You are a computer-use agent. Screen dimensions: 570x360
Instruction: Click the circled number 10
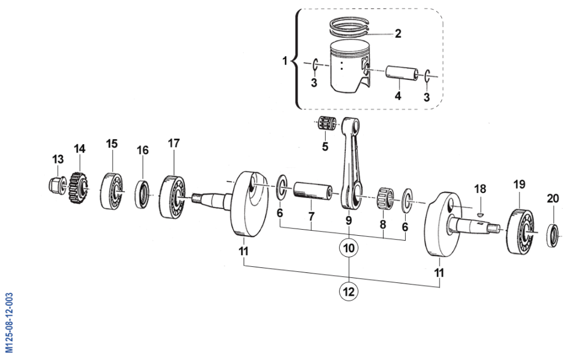pyautogui.click(x=349, y=248)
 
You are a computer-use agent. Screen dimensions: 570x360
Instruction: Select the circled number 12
pyautogui.click(x=349, y=291)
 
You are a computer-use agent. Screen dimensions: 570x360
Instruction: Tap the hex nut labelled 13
pyautogui.click(x=57, y=184)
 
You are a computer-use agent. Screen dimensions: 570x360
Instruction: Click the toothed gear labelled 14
pyautogui.click(x=78, y=188)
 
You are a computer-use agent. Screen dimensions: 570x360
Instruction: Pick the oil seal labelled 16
pyautogui.click(x=142, y=194)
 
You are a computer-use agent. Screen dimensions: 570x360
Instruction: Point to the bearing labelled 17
pyautogui.click(x=173, y=197)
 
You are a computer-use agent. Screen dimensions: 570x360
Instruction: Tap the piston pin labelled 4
pyautogui.click(x=402, y=73)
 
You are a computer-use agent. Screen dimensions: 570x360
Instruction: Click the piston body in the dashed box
pyautogui.click(x=350, y=66)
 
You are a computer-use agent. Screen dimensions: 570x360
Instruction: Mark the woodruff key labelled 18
pyautogui.click(x=481, y=214)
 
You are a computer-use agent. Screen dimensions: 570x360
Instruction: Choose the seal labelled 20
pyautogui.click(x=553, y=236)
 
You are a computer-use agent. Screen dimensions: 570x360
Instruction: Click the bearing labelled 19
pyautogui.click(x=521, y=231)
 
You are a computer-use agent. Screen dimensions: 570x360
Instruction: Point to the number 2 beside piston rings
pyautogui.click(x=398, y=33)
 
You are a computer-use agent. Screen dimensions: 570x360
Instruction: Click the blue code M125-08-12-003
pyautogui.click(x=9, y=323)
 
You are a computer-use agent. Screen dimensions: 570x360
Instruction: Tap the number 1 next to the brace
pyautogui.click(x=285, y=60)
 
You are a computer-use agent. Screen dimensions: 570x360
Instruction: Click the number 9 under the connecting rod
pyautogui.click(x=349, y=220)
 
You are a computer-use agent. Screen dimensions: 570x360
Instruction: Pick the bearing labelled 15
pyautogui.click(x=112, y=191)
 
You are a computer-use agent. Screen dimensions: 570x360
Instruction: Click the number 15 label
pyautogui.click(x=112, y=144)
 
